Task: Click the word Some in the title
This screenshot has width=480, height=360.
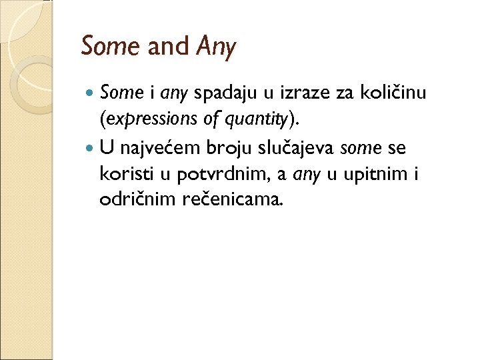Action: coord(109,46)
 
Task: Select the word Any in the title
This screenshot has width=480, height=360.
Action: coord(216,47)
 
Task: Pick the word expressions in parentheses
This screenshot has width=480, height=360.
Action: coord(145,120)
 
